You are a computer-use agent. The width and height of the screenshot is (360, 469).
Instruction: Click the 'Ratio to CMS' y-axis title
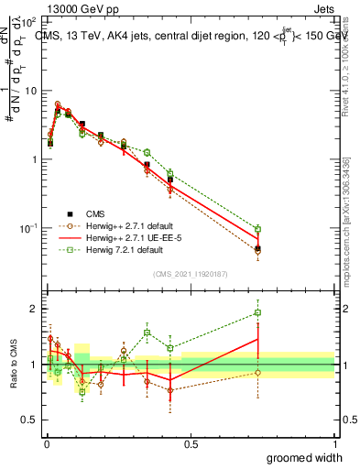click(x=13, y=365)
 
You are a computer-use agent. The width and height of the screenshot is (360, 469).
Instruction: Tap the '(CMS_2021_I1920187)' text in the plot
click(x=191, y=273)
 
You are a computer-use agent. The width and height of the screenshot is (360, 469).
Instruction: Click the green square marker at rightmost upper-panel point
click(x=258, y=229)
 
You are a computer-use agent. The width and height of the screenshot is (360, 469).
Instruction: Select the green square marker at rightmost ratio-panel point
click(x=258, y=312)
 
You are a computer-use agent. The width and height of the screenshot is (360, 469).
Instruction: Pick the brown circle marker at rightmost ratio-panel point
click(x=258, y=372)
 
